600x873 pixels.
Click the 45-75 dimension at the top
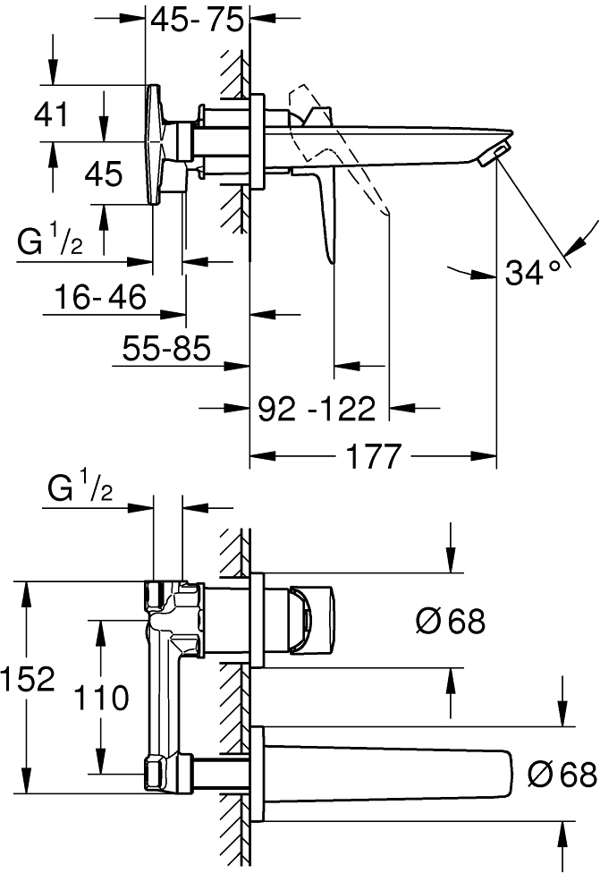198,21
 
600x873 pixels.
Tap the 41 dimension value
51,114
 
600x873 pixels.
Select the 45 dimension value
104,174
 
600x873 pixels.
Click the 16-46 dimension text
101,296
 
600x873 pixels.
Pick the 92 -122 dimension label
317,410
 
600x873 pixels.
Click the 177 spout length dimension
374,456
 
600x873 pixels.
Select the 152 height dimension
28,679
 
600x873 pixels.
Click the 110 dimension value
101,698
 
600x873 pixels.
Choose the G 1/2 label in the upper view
50,242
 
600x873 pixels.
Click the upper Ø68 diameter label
451,621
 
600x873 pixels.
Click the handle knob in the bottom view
312,619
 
